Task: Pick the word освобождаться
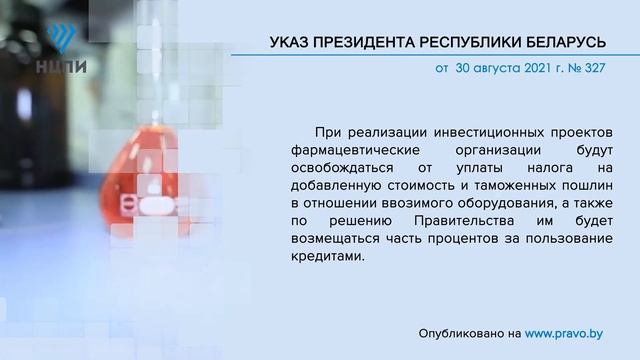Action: click(335, 167)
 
